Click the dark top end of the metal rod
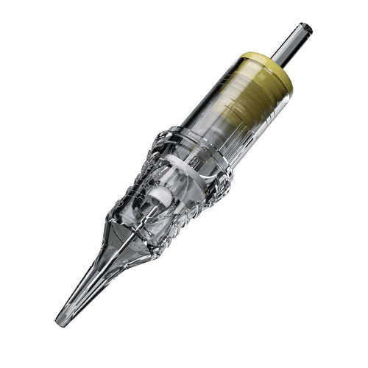pos(306,29)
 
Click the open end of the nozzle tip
pos(60,322)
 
